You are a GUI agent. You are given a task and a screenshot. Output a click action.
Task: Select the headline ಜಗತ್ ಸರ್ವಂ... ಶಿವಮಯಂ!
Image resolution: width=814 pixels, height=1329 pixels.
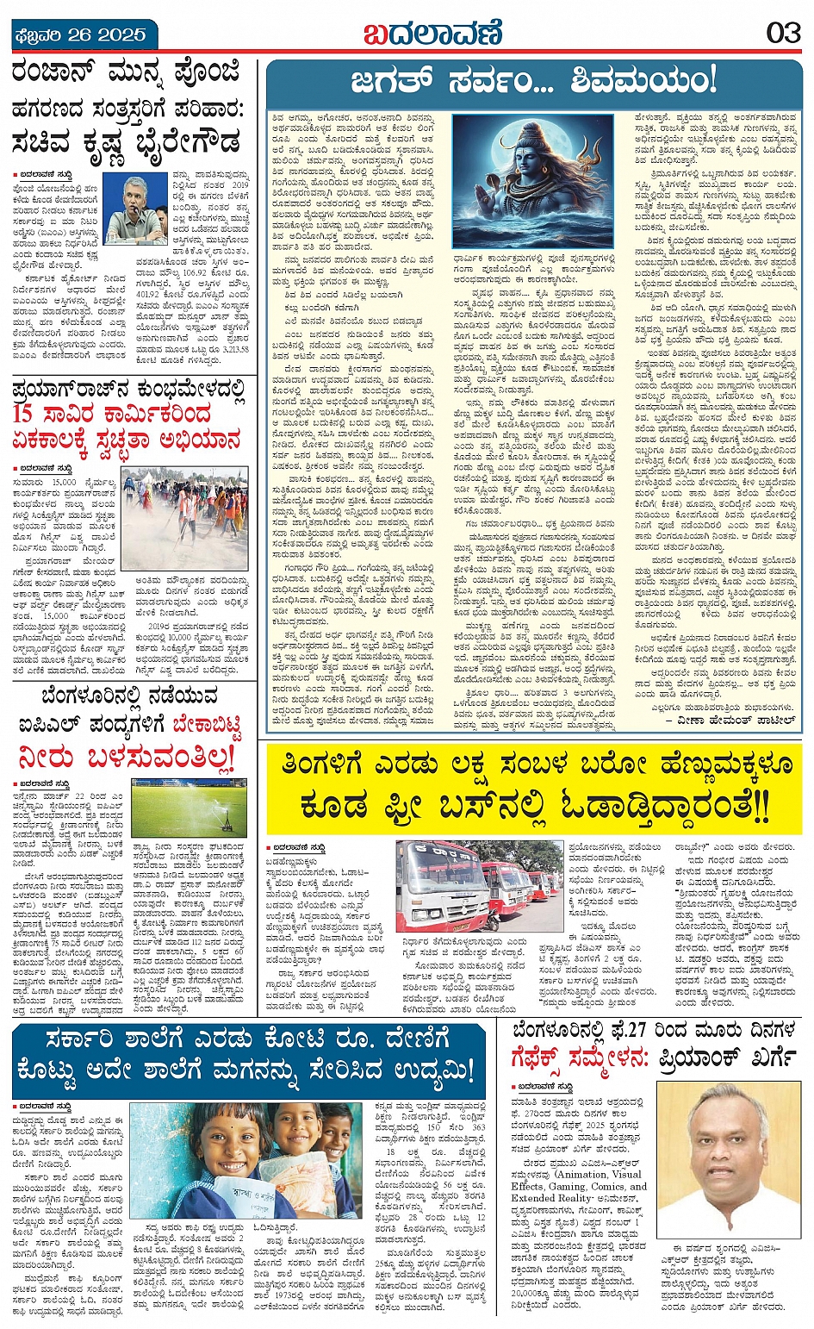[533, 81]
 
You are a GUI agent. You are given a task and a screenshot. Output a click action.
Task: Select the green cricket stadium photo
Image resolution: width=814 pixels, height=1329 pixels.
[189, 807]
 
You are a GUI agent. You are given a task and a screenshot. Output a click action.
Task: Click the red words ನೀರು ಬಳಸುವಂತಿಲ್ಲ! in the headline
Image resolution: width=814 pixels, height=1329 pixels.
[126, 758]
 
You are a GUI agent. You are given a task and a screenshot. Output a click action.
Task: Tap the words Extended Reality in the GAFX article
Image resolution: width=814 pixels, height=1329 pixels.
[552, 1198]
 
